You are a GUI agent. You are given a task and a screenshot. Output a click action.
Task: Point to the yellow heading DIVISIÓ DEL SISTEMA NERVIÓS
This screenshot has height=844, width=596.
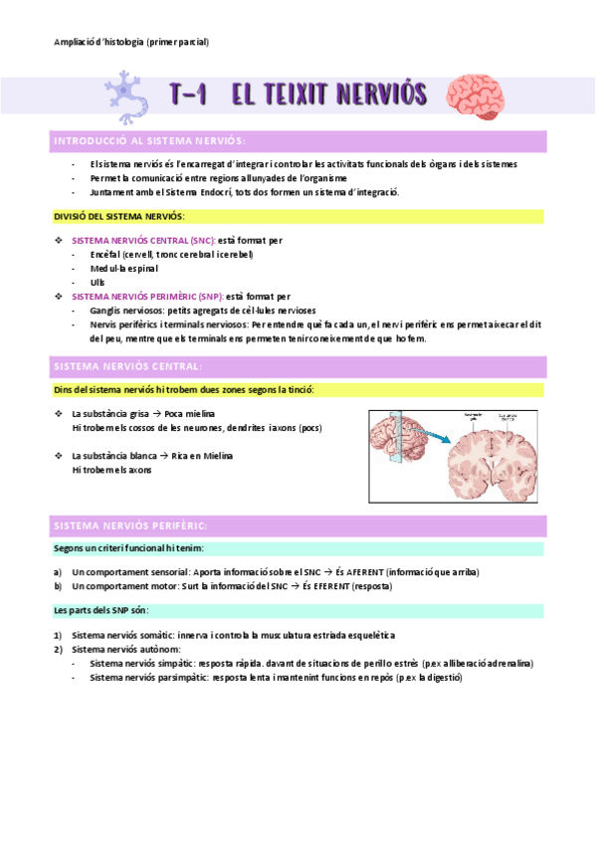pyautogui.click(x=118, y=216)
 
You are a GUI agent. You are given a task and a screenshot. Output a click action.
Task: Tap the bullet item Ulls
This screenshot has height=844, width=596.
pyautogui.click(x=97, y=282)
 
